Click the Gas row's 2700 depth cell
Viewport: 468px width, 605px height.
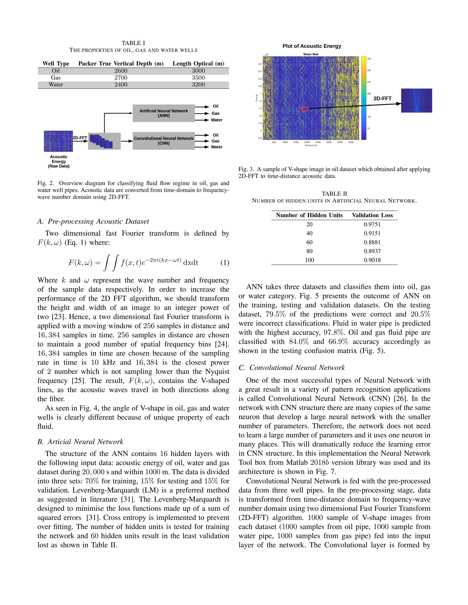pos(121,78)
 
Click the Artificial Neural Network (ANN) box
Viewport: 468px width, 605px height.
pos(164,113)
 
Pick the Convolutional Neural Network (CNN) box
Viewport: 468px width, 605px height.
pos(164,141)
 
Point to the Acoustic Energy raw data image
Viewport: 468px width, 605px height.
pos(58,141)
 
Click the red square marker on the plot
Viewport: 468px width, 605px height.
pos(305,109)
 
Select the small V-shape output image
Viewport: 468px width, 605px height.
pos(416,101)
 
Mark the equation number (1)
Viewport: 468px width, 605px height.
pos(225,263)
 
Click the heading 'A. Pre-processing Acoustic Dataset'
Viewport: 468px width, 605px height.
pos(93,221)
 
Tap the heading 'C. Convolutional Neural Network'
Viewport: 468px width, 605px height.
pos(292,368)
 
